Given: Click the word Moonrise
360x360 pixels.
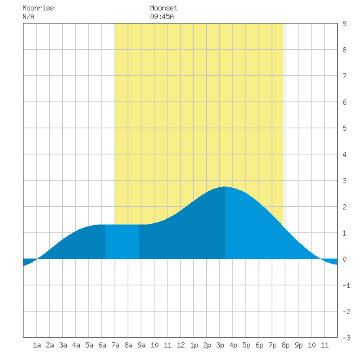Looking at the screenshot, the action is (38, 9).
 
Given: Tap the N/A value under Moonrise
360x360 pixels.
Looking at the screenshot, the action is (28, 16).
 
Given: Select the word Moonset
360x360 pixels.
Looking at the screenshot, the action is (164, 9).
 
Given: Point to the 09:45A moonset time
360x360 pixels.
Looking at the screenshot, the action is (162, 16).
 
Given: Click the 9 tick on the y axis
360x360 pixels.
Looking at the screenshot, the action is (344, 24).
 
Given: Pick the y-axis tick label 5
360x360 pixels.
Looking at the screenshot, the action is (344, 128).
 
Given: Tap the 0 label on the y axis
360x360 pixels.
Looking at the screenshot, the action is (344, 259).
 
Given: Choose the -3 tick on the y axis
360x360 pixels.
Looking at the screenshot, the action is (346, 338).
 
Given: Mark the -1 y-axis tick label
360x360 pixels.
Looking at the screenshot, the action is (346, 285).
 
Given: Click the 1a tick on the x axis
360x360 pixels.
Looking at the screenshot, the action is (37, 345).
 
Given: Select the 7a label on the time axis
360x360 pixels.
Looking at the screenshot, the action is (115, 345).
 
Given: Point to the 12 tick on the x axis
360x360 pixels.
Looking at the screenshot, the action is (181, 345).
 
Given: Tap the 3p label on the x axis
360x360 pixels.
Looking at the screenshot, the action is (220, 345).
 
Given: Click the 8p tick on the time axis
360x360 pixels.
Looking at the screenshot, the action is (285, 345).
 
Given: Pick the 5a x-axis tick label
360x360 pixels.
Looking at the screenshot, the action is (89, 345).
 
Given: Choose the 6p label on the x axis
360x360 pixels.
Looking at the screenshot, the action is (259, 345).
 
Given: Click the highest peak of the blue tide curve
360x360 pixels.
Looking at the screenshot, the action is (225, 187).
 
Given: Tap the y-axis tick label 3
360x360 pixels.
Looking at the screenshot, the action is (344, 181).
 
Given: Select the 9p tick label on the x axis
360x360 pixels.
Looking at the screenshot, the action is (298, 345).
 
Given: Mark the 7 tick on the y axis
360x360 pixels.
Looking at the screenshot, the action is (344, 76).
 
